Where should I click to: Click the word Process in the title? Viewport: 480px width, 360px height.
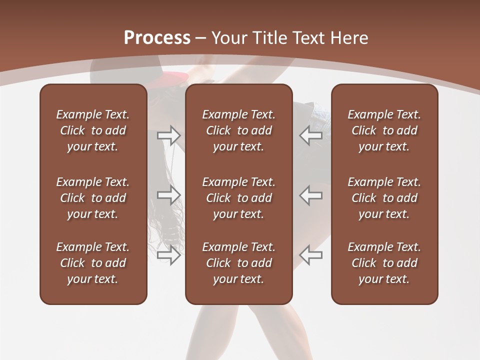[157, 37]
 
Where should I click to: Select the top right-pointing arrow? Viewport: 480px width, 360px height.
[169, 135]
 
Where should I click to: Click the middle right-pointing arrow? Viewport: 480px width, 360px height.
[169, 195]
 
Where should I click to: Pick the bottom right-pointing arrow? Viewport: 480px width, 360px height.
[169, 255]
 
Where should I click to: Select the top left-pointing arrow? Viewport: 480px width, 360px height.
[311, 135]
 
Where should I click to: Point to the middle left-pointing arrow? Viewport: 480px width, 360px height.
[311, 195]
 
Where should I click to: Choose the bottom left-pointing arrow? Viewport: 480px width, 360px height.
[311, 255]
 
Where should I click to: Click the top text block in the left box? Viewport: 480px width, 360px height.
[93, 130]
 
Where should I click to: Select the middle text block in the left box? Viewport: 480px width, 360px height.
[93, 198]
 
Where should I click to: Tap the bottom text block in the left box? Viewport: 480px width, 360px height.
[93, 263]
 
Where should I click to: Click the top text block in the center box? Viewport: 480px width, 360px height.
[239, 130]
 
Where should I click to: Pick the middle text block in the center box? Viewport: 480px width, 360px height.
[239, 198]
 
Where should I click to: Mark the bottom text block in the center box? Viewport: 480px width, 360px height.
[239, 263]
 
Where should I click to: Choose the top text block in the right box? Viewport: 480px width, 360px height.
[384, 130]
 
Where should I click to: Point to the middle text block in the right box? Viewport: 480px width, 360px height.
[384, 198]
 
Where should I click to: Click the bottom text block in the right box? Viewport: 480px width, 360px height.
[384, 263]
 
